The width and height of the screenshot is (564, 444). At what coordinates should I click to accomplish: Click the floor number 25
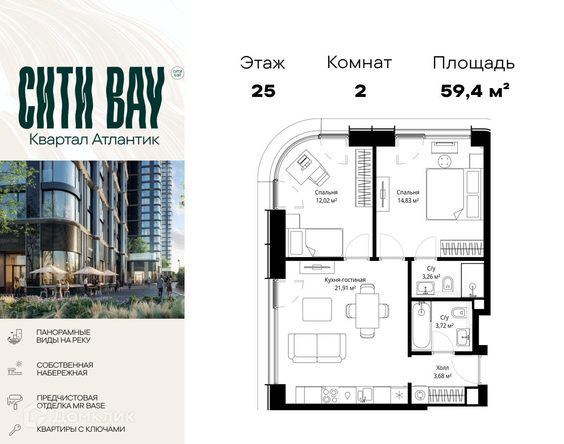coord(263,92)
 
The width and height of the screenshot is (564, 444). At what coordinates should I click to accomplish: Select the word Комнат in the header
coord(359,63)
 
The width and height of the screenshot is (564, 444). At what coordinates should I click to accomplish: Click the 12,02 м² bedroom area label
coord(326,201)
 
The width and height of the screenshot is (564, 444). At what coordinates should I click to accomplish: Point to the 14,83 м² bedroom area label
coord(408,201)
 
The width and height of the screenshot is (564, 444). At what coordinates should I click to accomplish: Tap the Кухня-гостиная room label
coord(345,280)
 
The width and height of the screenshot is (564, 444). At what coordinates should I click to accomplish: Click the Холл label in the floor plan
coord(443,368)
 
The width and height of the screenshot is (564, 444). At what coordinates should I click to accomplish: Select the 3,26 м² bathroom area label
coord(431,277)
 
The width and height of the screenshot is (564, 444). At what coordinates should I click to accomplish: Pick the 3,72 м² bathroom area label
coord(445,326)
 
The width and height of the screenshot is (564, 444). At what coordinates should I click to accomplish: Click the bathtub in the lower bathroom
coord(422,326)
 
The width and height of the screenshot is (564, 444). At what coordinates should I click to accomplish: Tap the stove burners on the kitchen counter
coord(330,395)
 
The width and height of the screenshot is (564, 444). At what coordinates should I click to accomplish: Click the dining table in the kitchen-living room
coord(367,310)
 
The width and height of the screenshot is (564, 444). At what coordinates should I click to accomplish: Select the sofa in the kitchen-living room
coord(317,348)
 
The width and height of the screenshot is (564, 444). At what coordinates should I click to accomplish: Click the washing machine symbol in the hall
coord(419,395)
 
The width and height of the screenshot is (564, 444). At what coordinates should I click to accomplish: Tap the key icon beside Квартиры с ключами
coord(15,430)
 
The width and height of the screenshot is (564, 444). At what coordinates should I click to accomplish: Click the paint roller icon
coord(15,401)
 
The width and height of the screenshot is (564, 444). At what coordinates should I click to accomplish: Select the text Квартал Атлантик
coord(94,140)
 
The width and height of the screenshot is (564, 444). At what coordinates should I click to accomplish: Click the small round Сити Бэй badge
coord(177,73)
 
